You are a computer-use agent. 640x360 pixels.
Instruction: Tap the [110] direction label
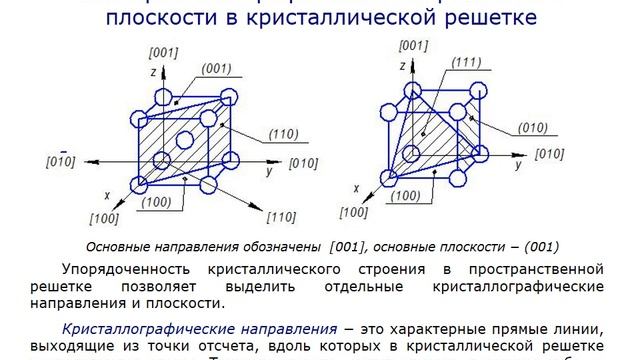coord(281,216)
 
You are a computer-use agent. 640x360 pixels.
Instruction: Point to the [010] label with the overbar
coord(62,161)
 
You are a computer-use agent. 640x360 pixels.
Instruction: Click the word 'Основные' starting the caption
coord(118,247)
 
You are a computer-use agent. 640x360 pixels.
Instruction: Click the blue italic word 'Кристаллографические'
coord(148,328)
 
